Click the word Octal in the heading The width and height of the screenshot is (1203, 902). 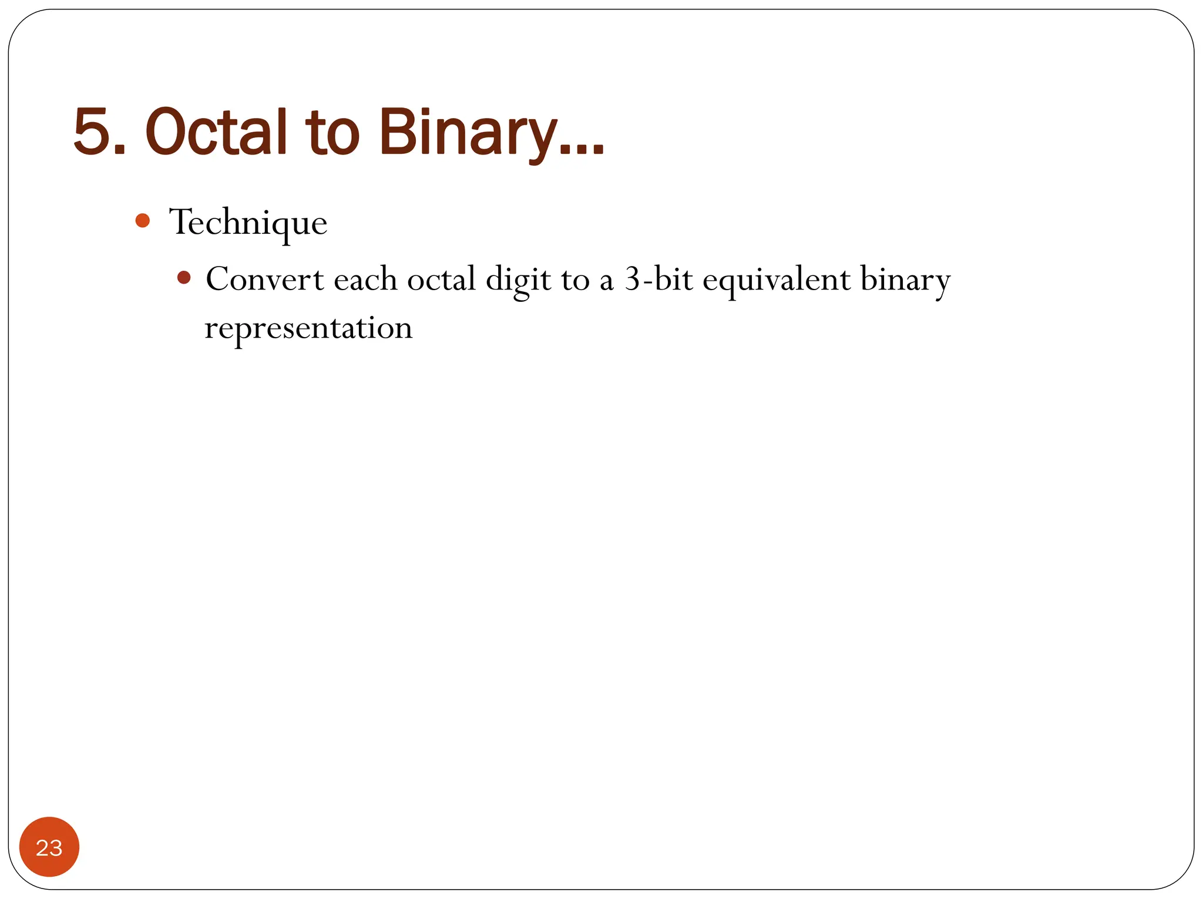click(x=216, y=132)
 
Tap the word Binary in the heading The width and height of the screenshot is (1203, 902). click(x=468, y=132)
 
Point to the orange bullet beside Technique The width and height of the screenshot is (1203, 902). click(x=142, y=221)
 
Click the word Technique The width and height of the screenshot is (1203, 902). click(x=248, y=223)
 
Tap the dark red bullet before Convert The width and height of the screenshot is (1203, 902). click(x=184, y=277)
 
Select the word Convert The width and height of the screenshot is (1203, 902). click(x=264, y=279)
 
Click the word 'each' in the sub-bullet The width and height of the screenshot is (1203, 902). click(x=365, y=280)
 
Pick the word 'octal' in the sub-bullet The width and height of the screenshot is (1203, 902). click(x=441, y=279)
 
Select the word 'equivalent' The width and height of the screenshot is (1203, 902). click(x=776, y=281)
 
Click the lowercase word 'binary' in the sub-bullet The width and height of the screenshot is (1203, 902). click(x=905, y=281)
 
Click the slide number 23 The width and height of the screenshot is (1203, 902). click(x=49, y=847)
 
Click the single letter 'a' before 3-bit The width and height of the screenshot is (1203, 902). click(x=606, y=282)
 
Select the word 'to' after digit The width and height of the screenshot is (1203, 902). click(x=575, y=280)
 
